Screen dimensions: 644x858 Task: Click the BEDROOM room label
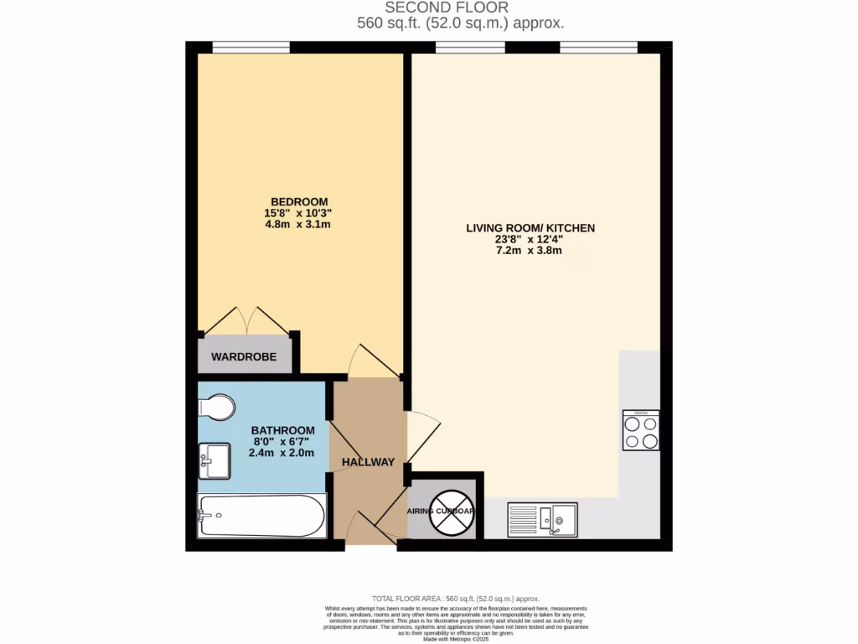click(x=298, y=201)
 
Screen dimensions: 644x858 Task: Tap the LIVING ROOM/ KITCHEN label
click(x=531, y=227)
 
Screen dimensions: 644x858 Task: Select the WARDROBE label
click(x=244, y=357)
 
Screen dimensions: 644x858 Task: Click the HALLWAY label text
click(x=368, y=462)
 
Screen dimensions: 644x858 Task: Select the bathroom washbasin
click(x=214, y=460)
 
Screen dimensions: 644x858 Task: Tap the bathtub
click(x=261, y=515)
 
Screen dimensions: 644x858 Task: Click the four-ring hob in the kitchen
click(x=641, y=430)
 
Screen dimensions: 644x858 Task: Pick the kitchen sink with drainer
click(x=542, y=519)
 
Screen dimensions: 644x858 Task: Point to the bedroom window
click(x=251, y=46)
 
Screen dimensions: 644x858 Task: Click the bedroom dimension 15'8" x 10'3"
click(x=298, y=213)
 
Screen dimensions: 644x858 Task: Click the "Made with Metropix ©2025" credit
click(x=456, y=639)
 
